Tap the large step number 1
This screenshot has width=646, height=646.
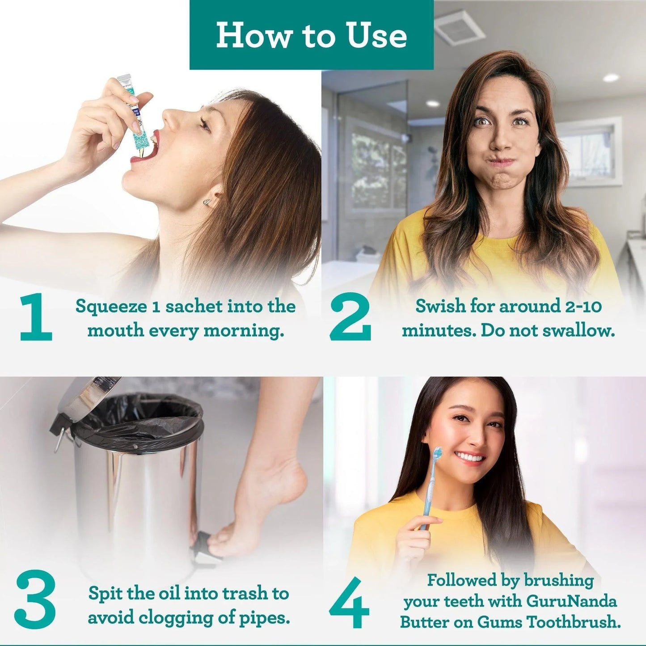pyautogui.click(x=36, y=317)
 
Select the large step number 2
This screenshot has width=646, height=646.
pyautogui.click(x=350, y=317)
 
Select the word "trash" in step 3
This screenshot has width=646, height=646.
pyautogui.click(x=245, y=594)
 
